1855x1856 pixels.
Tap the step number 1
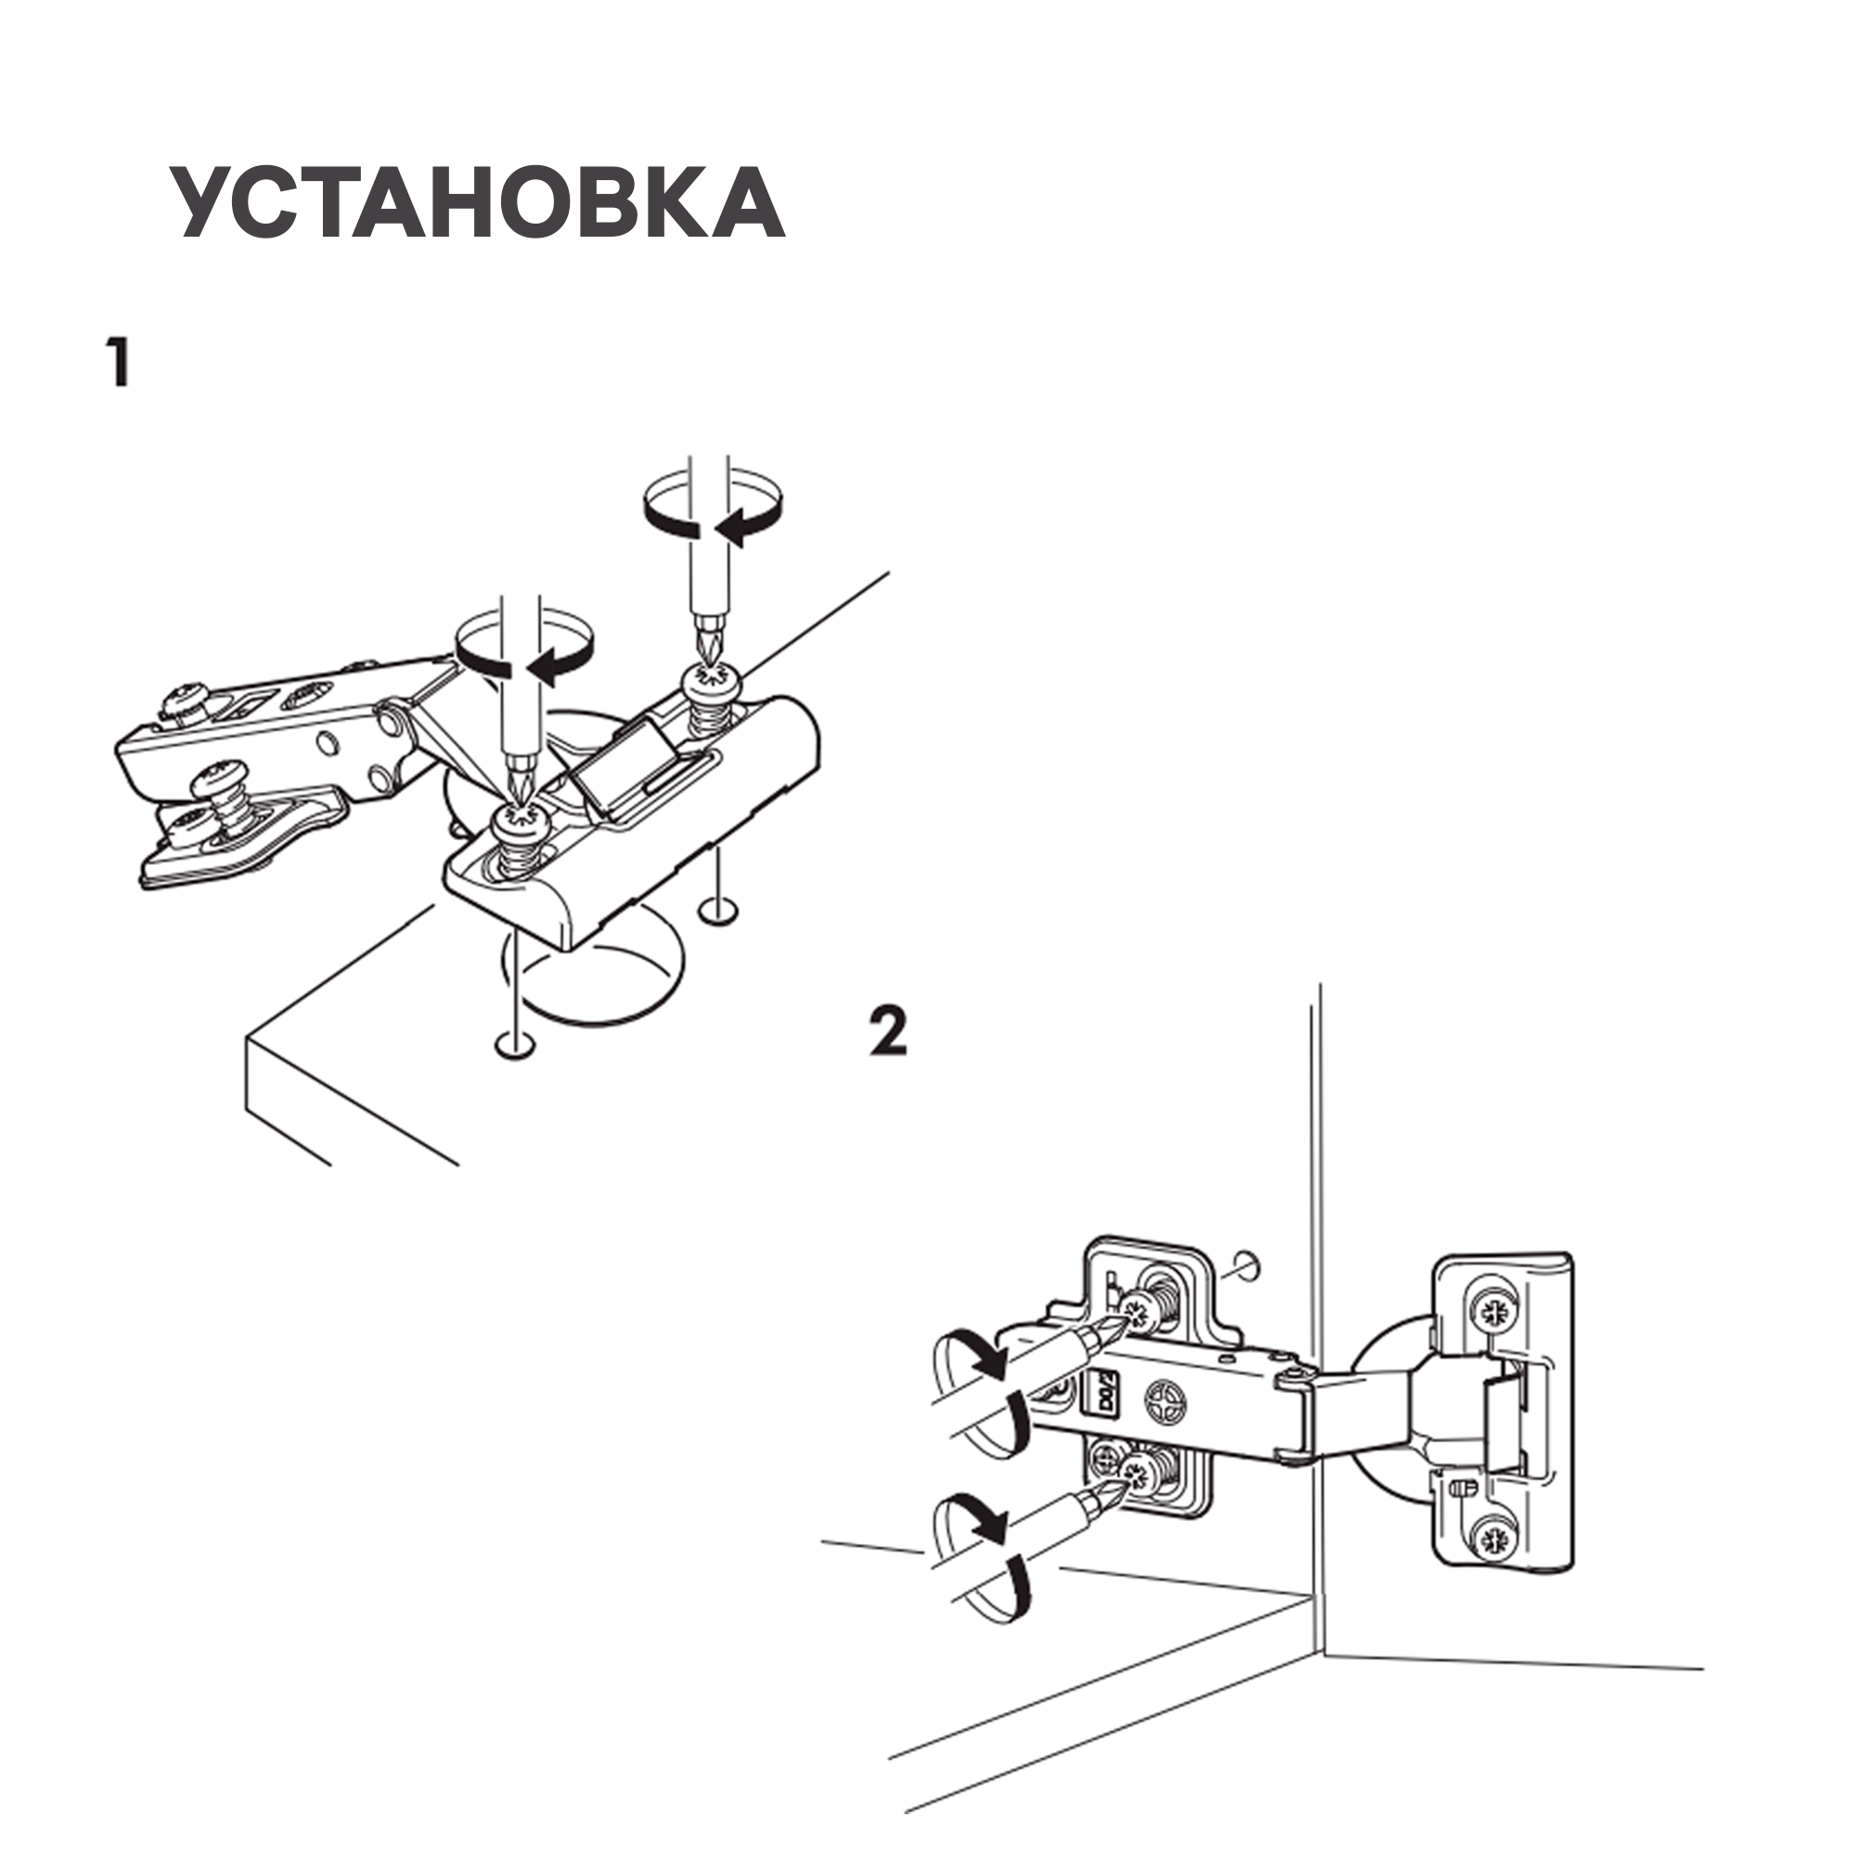[117, 362]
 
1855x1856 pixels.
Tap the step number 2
[888, 1031]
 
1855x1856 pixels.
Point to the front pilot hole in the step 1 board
[515, 1045]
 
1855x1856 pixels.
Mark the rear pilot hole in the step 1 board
[717, 909]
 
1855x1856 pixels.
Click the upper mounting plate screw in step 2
[1140, 1309]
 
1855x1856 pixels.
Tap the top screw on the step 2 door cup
[1493, 1312]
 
